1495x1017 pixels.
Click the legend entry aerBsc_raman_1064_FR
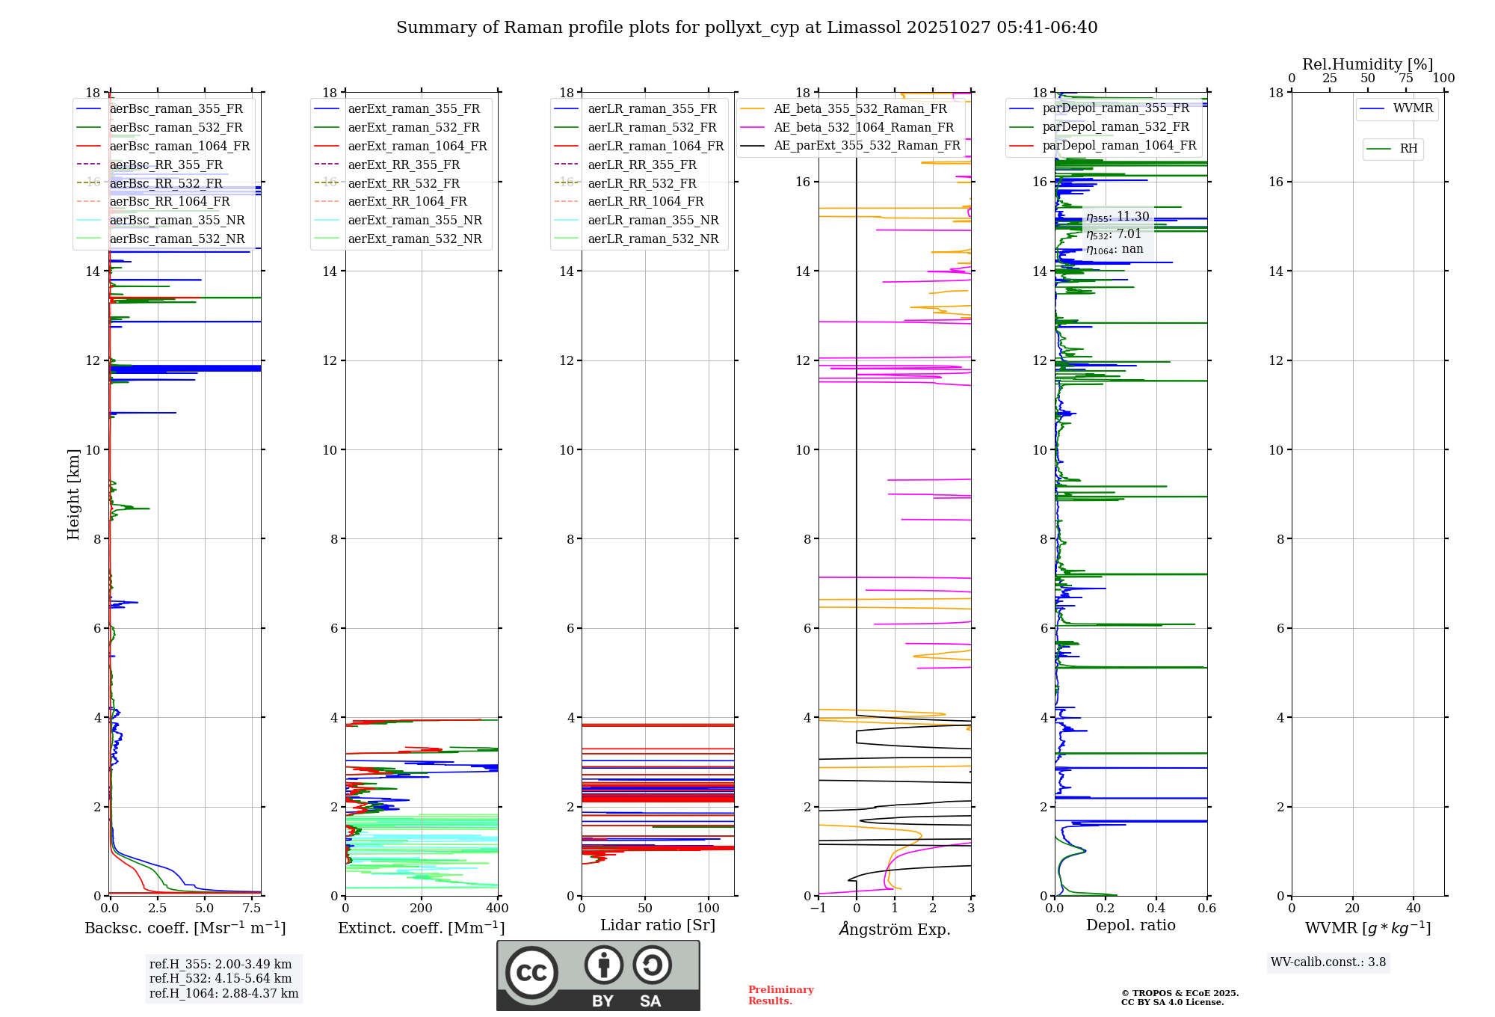pos(179,147)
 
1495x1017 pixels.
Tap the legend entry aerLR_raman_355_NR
pos(653,221)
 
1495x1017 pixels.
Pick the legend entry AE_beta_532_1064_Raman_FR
pos(863,128)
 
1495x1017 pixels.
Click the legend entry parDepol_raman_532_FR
pos(1115,127)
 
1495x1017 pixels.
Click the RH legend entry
pos(1408,149)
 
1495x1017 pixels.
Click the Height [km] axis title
pos(73,494)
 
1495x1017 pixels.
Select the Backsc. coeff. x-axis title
pos(185,928)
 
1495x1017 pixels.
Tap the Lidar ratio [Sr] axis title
pos(658,926)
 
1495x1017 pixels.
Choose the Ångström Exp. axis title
pos(895,930)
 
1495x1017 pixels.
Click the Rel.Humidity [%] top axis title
pos(1367,64)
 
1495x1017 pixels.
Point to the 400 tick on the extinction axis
pos(497,909)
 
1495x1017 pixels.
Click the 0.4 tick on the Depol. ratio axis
pos(1156,909)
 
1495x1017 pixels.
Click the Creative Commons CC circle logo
pos(531,973)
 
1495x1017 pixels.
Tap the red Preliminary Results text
pos(780,995)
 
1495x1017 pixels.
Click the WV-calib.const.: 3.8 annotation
pos(1328,962)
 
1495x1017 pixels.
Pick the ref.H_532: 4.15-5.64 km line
pos(221,979)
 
